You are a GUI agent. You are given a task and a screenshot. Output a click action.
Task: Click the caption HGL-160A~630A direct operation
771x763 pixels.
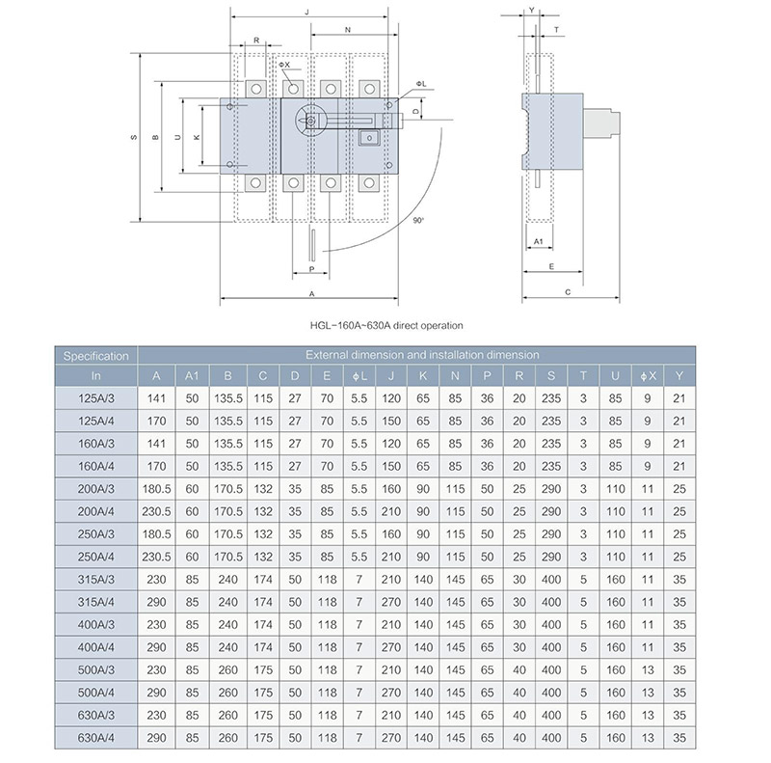point(385,325)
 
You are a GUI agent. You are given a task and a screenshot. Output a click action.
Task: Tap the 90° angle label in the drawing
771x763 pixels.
point(417,221)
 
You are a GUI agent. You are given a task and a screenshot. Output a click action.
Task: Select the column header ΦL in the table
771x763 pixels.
point(358,375)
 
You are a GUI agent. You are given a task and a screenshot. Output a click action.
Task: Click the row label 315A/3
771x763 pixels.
point(95,580)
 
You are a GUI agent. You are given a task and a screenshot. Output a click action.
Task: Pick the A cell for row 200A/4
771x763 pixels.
point(156,511)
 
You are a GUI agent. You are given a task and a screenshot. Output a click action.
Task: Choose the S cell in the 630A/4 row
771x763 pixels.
point(550,738)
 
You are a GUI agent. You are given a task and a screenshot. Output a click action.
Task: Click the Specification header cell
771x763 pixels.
point(95,356)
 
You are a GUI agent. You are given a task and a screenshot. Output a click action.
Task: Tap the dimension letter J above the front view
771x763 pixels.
point(306,13)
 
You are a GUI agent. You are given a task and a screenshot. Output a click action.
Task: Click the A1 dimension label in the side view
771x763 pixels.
point(539,239)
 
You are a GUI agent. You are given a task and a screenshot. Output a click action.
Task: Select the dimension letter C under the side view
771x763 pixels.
point(568,290)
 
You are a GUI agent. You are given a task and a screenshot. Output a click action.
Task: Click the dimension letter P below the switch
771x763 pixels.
point(311,269)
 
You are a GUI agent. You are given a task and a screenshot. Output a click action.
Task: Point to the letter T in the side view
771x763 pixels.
point(557,30)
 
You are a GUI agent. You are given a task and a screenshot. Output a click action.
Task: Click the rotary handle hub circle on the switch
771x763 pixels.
point(311,121)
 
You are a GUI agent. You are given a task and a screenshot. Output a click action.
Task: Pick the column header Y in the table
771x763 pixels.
point(679,375)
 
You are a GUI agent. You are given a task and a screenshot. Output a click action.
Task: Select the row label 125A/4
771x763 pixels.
point(95,421)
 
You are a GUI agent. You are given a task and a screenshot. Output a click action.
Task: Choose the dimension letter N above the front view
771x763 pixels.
point(347,30)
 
